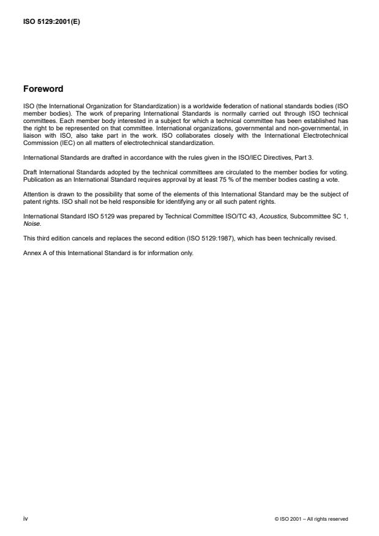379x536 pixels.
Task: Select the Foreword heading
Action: [44, 89]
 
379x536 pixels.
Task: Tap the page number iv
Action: [25, 518]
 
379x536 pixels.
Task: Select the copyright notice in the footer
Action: [312, 519]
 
